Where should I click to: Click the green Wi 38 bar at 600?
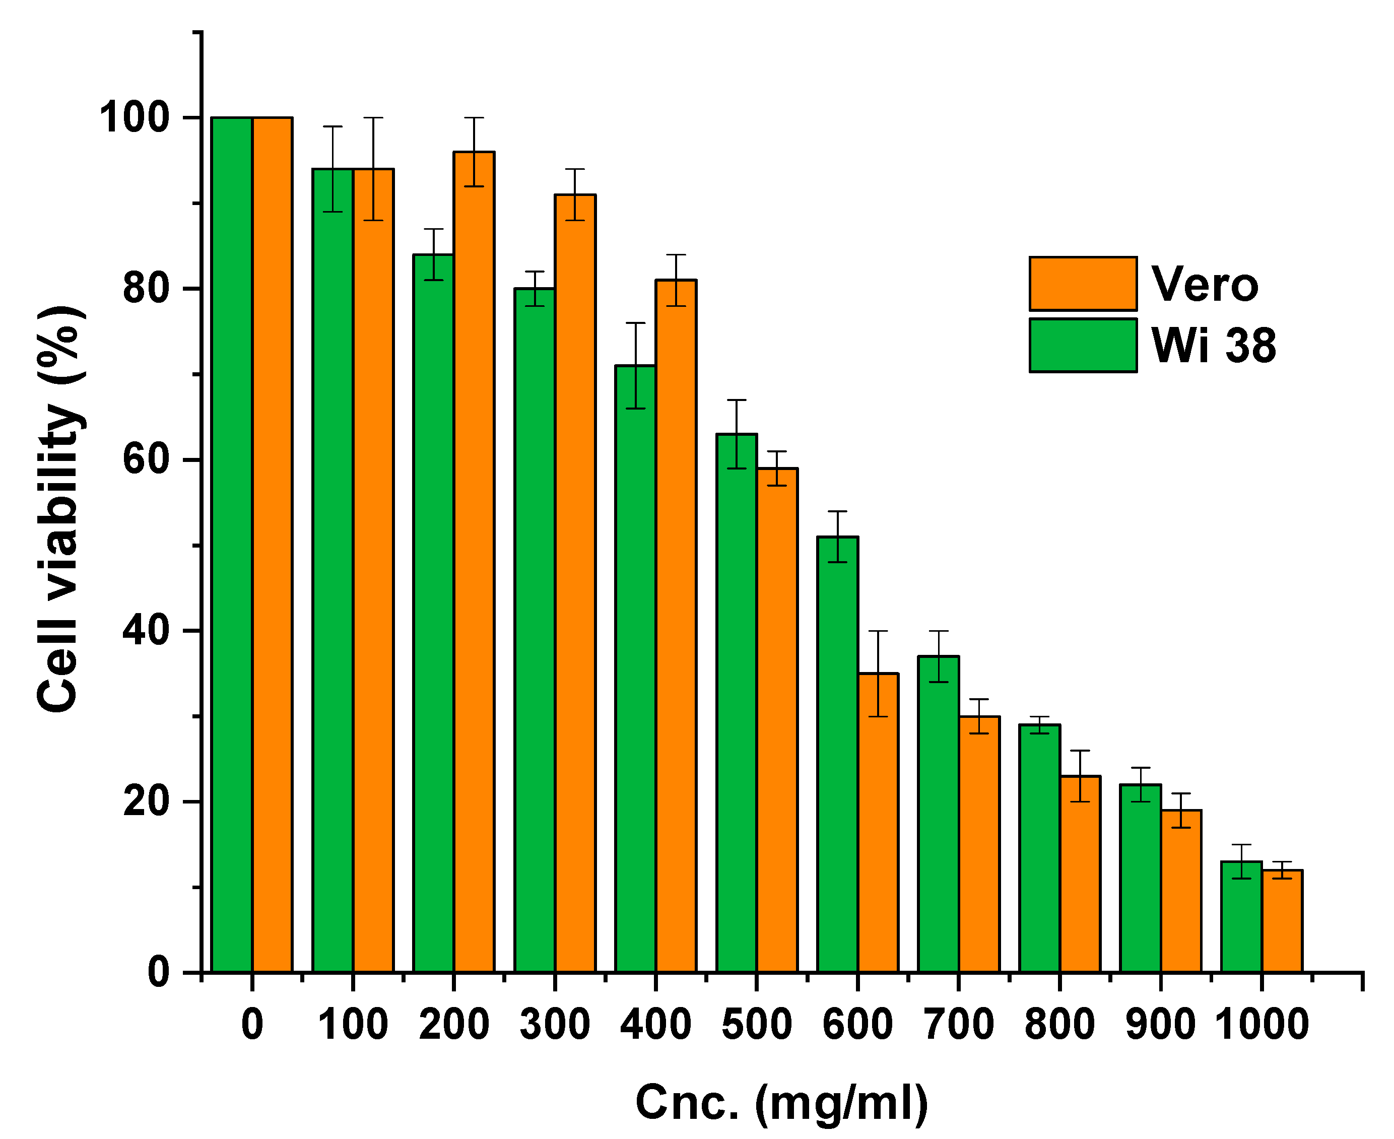(x=838, y=755)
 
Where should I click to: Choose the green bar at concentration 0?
(x=232, y=545)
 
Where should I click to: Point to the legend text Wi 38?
(x=1214, y=345)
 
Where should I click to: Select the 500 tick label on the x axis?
(x=756, y=1024)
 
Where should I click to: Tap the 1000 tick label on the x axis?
(x=1262, y=1024)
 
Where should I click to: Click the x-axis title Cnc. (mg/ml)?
(x=782, y=1102)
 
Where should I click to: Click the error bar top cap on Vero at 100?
(x=373, y=118)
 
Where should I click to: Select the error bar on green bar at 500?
(x=737, y=434)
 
